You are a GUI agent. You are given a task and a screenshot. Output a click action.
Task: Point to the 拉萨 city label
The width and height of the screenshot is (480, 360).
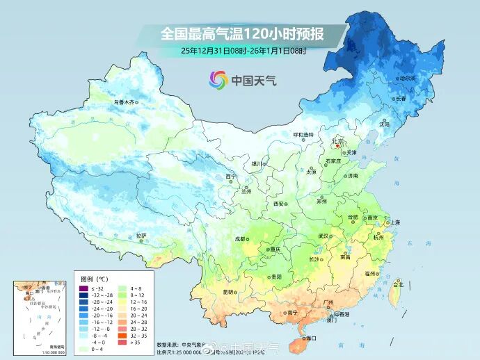(141, 235)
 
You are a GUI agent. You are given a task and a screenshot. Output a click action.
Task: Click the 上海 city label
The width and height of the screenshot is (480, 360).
(395, 222)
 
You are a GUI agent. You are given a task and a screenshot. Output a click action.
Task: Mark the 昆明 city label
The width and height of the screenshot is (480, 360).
(229, 292)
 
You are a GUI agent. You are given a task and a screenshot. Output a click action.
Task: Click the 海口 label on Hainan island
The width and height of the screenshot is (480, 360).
(310, 338)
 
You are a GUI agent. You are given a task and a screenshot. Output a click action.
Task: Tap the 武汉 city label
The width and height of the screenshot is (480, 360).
(323, 236)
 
